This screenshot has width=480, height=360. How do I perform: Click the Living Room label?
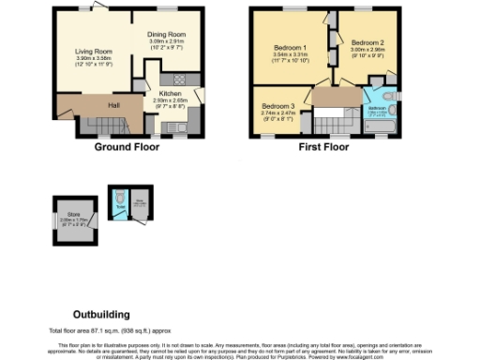pos(94,52)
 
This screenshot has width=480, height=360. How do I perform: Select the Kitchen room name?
pos(170,95)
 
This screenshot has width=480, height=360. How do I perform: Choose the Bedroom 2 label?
pos(367,43)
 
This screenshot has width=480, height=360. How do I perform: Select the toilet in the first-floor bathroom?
pos(391,97)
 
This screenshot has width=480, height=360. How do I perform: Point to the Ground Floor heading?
pos(127,147)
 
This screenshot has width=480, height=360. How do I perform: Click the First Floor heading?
pos(323,147)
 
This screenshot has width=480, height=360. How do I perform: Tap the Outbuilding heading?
pos(101,314)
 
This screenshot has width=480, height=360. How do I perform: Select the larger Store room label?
pos(73,217)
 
